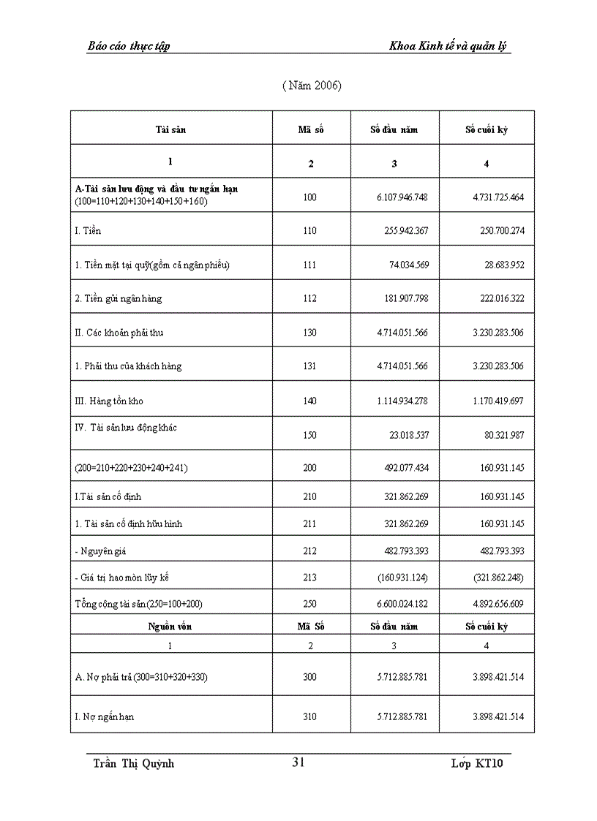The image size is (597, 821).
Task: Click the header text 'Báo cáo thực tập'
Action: (128, 46)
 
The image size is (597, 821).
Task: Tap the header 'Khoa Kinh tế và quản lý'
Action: (449, 46)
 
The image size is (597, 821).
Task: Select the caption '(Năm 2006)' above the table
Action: (312, 86)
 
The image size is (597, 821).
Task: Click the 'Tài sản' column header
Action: (170, 130)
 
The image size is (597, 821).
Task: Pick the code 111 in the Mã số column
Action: (310, 265)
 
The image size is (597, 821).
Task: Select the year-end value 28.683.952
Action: (497, 265)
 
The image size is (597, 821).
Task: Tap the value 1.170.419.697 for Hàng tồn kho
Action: (492, 401)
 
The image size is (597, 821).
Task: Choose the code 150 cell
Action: (310, 435)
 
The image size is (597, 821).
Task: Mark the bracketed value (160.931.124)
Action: (402, 578)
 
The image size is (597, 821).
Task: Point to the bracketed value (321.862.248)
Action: (495, 578)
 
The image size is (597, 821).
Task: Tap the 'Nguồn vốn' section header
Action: (170, 627)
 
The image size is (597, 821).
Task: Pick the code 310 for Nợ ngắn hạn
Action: (310, 716)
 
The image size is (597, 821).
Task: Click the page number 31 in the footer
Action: (298, 763)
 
